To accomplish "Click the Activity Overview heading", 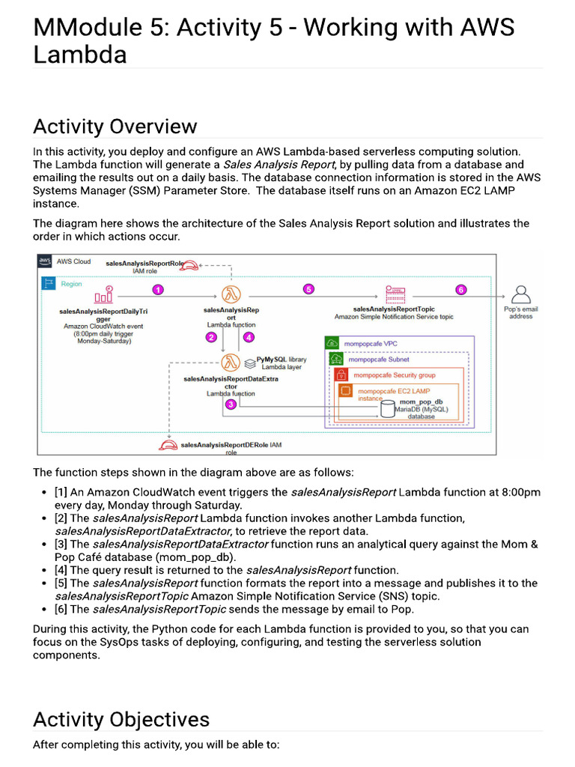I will pos(115,126).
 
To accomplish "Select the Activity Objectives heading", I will pos(121,719).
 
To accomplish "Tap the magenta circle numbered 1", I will pos(158,290).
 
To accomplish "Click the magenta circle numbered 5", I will pos(308,289).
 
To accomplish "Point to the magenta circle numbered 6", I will pos(460,290).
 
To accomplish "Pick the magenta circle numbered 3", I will pos(231,404).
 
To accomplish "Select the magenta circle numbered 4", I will pos(249,337).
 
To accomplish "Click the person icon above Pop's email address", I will pos(520,293).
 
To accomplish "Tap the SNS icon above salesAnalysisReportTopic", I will pos(395,293).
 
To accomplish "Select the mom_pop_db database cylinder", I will pos(388,407).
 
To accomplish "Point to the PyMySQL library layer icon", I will pos(250,363).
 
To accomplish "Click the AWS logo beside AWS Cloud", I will pos(46,261).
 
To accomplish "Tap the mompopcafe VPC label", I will pos(370,343).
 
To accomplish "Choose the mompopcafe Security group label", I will pos(394,375).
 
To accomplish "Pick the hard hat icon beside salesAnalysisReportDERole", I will pos(168,446).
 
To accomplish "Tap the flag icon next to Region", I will pos(49,283).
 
